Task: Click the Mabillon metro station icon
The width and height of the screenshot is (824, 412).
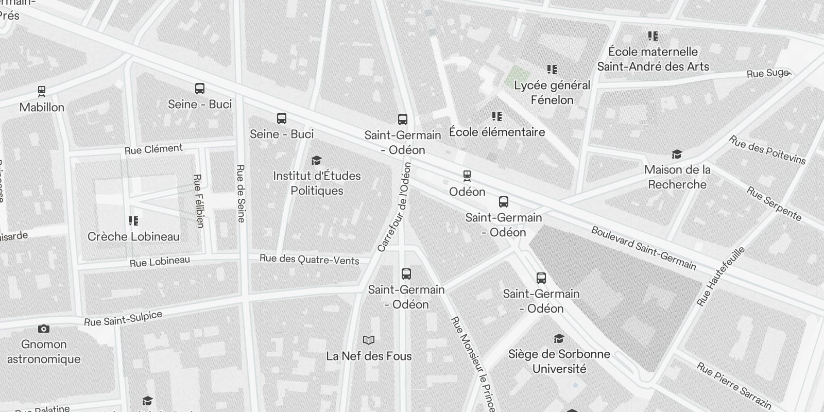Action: click(x=42, y=92)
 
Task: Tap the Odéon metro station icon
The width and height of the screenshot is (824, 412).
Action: click(x=467, y=176)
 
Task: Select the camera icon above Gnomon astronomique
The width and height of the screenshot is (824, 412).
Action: click(x=44, y=329)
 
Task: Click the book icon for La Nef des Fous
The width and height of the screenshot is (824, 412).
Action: click(x=369, y=340)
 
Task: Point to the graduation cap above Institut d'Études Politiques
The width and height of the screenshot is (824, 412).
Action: click(x=317, y=160)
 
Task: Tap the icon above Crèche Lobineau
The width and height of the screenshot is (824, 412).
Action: click(x=133, y=221)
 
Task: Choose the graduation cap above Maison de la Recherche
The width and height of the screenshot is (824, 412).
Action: click(x=677, y=154)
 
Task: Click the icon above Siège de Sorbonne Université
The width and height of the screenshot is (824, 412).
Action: click(x=559, y=338)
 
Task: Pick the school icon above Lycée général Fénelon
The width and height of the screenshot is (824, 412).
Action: click(x=552, y=70)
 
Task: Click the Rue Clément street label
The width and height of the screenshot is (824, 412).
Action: click(x=153, y=149)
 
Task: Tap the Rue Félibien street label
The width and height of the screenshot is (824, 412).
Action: click(x=198, y=201)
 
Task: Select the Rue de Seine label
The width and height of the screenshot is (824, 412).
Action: click(x=241, y=194)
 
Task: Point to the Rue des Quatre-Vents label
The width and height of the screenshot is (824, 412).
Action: click(x=309, y=259)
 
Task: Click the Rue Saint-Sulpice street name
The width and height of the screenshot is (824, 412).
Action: click(x=123, y=319)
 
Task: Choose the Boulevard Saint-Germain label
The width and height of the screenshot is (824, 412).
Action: click(x=644, y=248)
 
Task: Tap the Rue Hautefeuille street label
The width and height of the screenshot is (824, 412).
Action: click(x=720, y=277)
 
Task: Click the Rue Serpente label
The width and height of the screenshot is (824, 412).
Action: click(x=774, y=203)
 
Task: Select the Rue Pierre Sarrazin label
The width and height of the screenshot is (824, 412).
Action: click(x=734, y=386)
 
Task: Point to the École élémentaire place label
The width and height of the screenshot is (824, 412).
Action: click(x=497, y=132)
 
